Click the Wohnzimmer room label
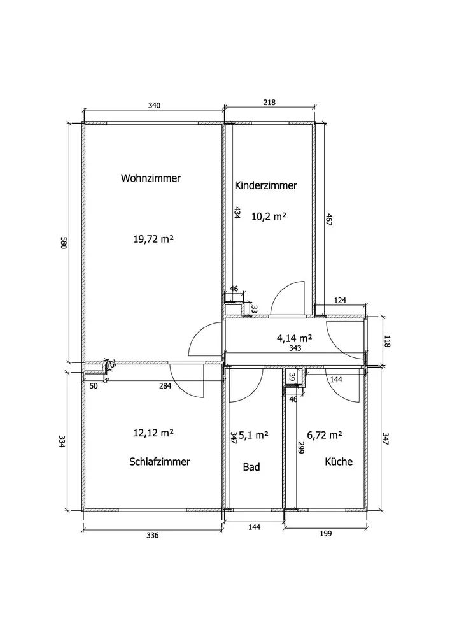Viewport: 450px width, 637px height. tap(151, 178)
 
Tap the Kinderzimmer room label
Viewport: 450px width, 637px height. tap(266, 185)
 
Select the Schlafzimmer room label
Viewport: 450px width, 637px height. tap(160, 461)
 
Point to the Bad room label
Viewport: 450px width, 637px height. tap(251, 467)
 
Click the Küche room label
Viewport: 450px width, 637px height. tap(339, 461)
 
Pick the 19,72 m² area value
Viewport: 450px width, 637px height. tap(153, 239)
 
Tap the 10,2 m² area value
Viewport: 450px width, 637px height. tap(269, 216)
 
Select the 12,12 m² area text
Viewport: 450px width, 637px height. tap(153, 433)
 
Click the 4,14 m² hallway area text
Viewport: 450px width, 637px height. tap(294, 338)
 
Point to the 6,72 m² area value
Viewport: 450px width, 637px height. tap(324, 435)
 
